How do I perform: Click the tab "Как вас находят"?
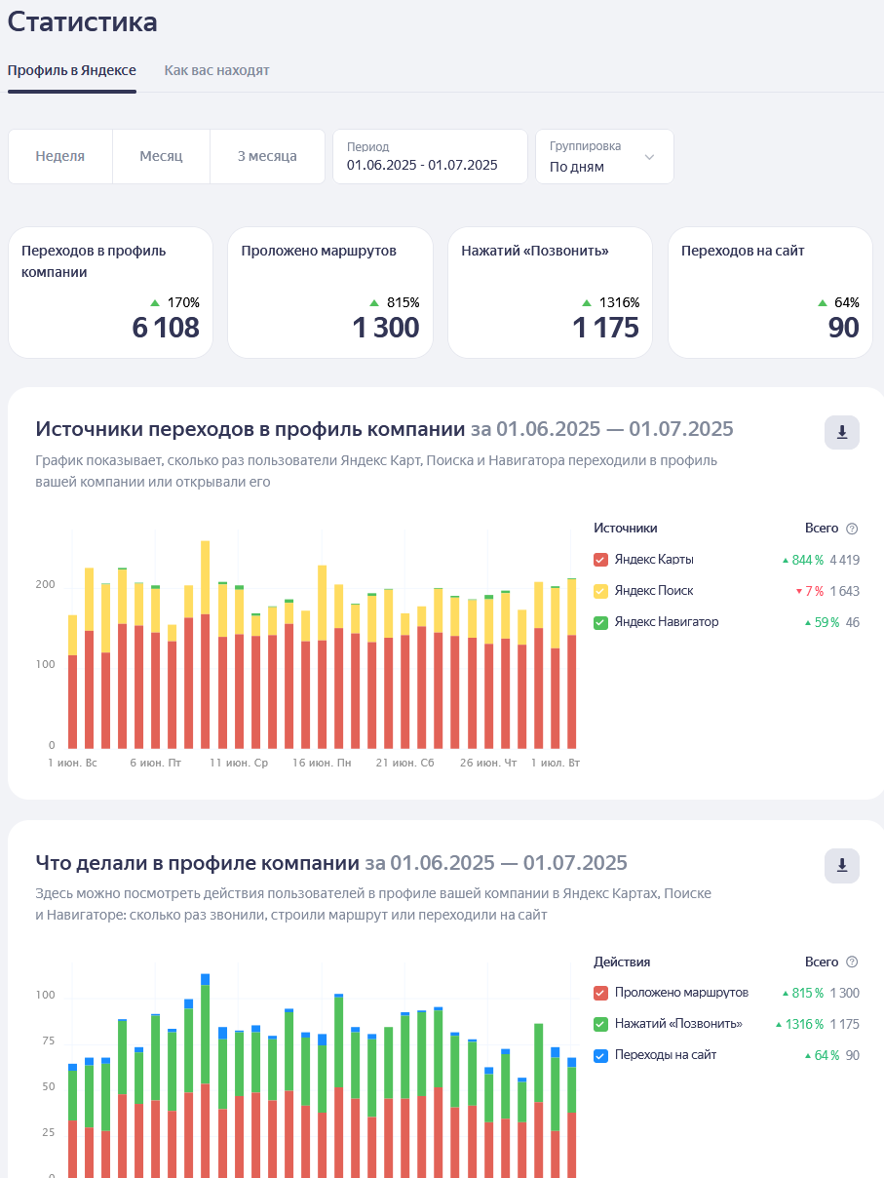point(216,70)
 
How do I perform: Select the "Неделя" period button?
point(60,156)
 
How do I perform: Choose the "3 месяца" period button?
point(267,156)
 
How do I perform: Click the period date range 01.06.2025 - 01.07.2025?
point(422,165)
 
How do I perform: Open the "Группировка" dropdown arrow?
point(649,157)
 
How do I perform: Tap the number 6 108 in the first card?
point(166,328)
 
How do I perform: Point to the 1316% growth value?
point(619,302)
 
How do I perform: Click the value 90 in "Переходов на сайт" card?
point(843,328)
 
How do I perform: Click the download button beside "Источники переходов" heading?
point(842,432)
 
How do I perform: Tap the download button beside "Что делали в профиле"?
point(842,865)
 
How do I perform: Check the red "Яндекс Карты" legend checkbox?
point(600,560)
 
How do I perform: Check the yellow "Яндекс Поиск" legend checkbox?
point(600,591)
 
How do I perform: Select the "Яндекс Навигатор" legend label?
point(667,621)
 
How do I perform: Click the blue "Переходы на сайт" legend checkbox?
point(600,1055)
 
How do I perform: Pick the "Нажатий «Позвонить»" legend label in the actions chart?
point(678,1024)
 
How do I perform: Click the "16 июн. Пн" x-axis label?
point(322,763)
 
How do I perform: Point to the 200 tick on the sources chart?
point(45,584)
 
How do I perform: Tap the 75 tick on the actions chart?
point(49,1041)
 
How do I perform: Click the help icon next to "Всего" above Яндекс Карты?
point(852,529)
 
